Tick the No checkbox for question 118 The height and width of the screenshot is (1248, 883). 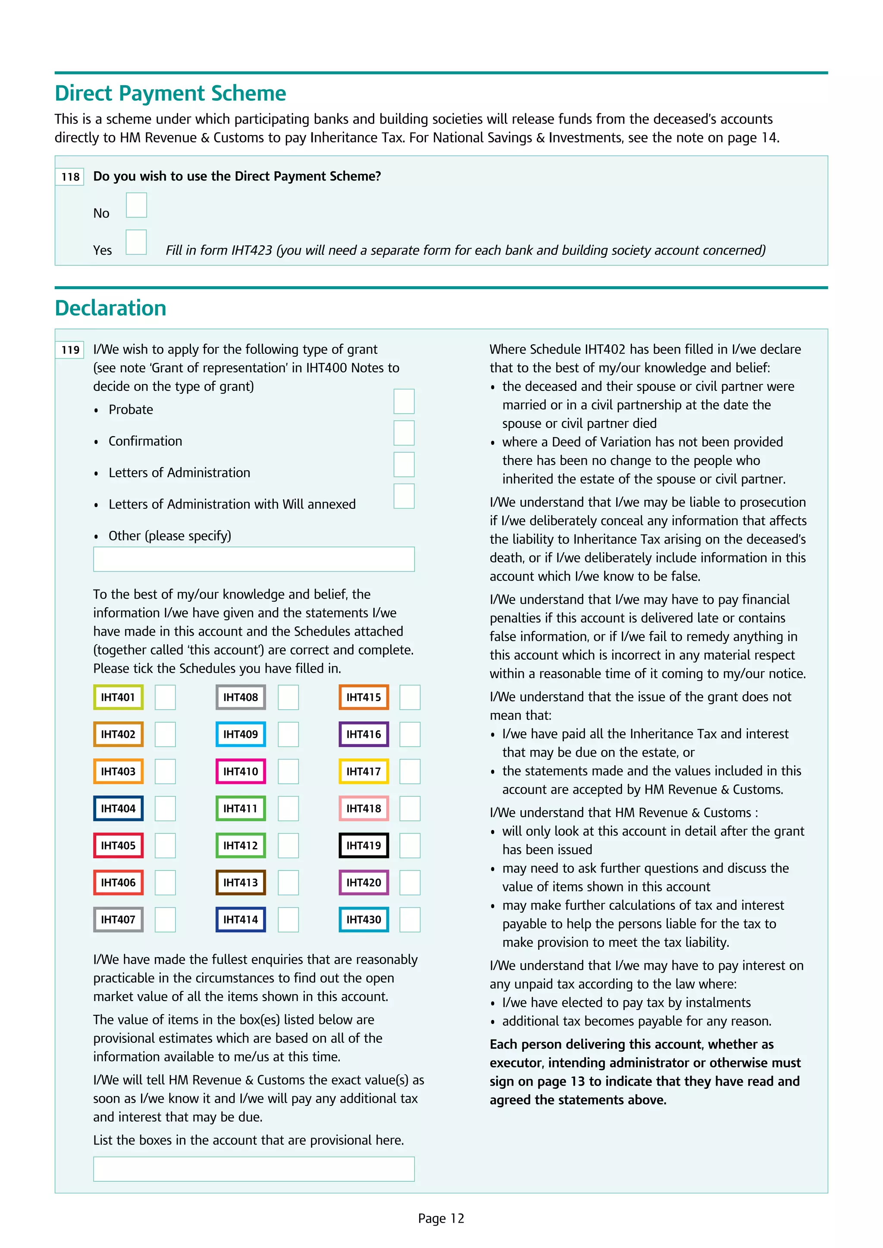pos(137,205)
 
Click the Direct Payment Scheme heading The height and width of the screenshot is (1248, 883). pos(170,94)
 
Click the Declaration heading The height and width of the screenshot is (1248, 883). pos(110,308)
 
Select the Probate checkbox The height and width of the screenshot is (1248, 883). pos(404,401)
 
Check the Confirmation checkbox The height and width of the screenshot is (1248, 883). pos(404,433)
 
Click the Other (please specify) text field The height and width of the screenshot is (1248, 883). pos(254,559)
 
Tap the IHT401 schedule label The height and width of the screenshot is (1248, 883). pos(118,697)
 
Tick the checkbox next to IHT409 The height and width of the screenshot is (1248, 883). pos(288,734)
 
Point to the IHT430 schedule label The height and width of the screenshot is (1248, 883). pos(364,919)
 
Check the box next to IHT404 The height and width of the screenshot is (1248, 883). pos(165,808)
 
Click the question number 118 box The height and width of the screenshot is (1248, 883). pos(70,177)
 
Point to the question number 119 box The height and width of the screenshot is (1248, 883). pos(70,349)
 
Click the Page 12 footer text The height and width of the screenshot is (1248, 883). pos(441,1218)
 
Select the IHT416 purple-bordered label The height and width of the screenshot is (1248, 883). pos(364,734)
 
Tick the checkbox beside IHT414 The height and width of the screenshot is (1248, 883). pos(288,919)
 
